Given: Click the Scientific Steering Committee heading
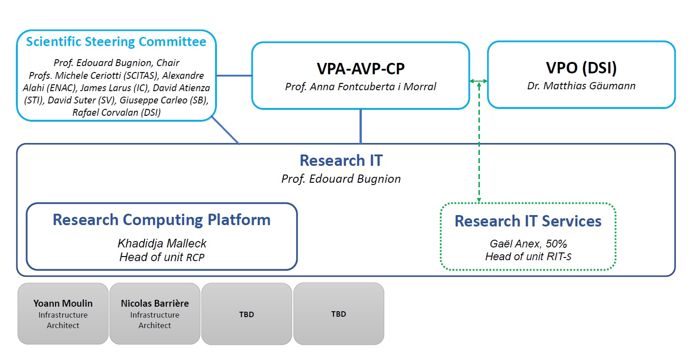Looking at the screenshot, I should point(116,42).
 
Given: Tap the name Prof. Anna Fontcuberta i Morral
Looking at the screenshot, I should point(360,86).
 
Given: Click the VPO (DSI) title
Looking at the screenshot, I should point(581,68).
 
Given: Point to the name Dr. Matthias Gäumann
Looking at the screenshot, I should point(581,86).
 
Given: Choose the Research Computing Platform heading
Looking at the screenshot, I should point(162,220).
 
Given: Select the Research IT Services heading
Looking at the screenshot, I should point(528,221).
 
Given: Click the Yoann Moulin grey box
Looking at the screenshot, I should point(63,314).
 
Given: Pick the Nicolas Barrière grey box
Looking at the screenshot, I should point(155,314).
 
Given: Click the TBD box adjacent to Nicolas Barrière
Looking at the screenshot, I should point(247,314).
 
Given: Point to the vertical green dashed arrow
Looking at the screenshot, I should point(479,146).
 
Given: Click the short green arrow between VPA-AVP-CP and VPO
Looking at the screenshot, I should point(478,81).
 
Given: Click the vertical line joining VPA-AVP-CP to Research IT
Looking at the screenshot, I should point(361,126).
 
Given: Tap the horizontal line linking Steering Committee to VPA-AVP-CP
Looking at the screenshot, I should point(234,75).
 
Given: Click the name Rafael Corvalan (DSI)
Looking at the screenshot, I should point(116,113).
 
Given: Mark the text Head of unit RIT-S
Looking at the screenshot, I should point(528,257).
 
